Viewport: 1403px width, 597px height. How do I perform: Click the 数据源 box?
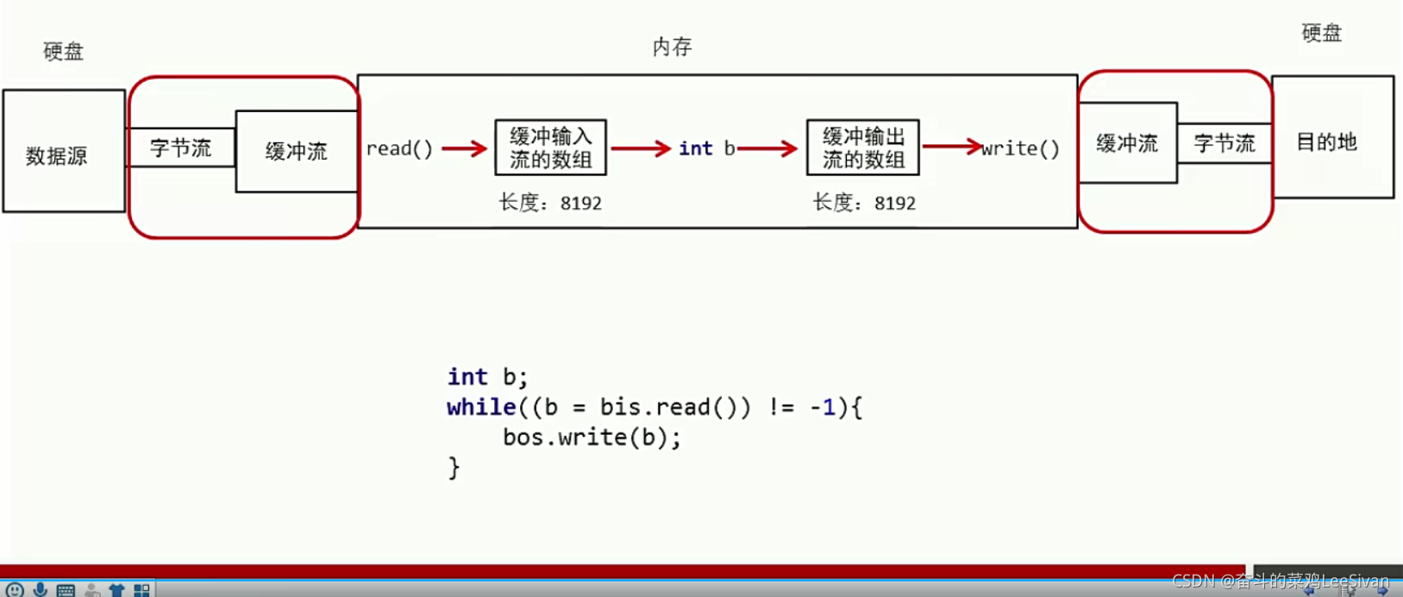click(x=64, y=152)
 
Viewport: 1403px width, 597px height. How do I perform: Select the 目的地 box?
click(x=1332, y=138)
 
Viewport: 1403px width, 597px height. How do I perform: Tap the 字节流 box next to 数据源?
click(x=181, y=148)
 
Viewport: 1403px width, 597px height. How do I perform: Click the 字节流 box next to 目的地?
click(x=1224, y=143)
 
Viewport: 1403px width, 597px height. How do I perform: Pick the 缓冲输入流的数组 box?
click(x=551, y=148)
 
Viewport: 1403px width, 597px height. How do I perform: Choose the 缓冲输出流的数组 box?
click(x=863, y=148)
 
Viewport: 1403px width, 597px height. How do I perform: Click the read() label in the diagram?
click(x=399, y=148)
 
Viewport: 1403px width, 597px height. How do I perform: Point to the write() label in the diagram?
click(x=1022, y=148)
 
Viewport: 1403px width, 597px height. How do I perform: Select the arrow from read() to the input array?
click(x=465, y=149)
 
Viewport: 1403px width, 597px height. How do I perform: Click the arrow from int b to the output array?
click(x=767, y=149)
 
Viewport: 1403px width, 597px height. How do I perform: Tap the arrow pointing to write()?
click(x=952, y=146)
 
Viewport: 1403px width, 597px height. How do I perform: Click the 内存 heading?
click(x=672, y=47)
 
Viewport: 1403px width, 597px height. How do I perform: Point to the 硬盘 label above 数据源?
click(x=64, y=52)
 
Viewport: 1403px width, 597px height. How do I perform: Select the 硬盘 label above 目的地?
click(x=1321, y=34)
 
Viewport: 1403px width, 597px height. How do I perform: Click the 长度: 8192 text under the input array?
click(x=550, y=204)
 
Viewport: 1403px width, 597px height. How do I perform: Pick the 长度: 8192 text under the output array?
click(x=864, y=204)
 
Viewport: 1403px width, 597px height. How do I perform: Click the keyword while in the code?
click(x=481, y=407)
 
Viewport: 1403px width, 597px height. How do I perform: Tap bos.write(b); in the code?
click(x=592, y=437)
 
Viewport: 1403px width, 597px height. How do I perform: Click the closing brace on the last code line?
click(x=454, y=468)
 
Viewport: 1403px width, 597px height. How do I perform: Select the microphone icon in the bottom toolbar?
click(x=40, y=589)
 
